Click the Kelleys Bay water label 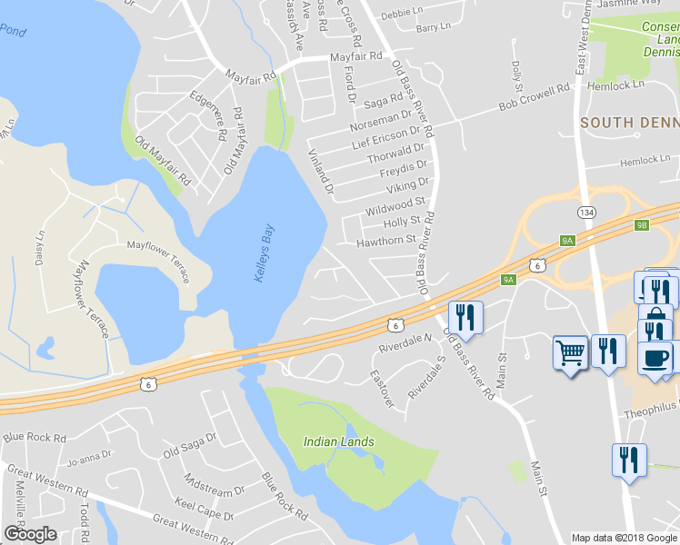tap(265, 253)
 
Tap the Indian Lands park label tap(338, 441)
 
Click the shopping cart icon tap(570, 351)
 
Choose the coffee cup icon tap(655, 357)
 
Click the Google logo tap(30, 534)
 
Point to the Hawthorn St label tap(386, 241)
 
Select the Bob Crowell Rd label tap(534, 97)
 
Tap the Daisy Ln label tap(41, 247)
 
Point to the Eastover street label tap(382, 388)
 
